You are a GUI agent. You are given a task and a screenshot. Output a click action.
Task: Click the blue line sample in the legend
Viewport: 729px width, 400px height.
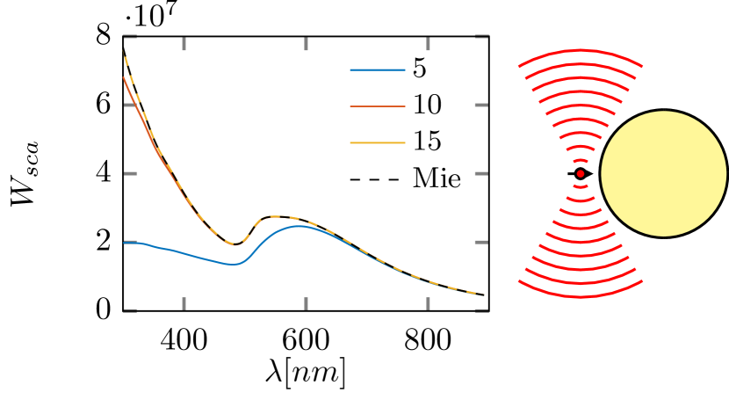point(378,69)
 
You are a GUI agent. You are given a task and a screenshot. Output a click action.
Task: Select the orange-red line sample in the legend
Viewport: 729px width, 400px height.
point(378,106)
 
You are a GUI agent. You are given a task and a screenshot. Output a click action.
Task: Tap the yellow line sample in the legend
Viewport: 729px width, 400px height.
point(378,142)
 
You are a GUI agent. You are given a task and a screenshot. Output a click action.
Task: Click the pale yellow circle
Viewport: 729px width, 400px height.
point(663,173)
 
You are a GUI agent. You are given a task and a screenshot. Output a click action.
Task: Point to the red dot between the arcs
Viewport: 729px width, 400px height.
point(581,173)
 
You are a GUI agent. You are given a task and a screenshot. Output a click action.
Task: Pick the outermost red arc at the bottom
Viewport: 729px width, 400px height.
point(581,296)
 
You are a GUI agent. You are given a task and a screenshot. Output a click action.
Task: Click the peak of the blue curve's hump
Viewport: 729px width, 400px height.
point(300,226)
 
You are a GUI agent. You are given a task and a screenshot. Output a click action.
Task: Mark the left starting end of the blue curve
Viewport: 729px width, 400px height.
point(125,243)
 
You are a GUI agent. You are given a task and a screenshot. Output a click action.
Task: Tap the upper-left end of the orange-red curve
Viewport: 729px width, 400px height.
point(125,78)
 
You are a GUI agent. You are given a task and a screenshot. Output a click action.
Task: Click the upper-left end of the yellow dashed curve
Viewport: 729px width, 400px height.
point(124,53)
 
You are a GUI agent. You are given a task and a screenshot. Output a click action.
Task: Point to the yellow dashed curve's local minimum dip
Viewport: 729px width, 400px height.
point(235,244)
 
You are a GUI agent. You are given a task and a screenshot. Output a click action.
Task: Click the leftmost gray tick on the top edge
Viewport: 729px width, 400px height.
point(184,44)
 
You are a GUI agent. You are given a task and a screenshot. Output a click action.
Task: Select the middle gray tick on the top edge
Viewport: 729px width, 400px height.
point(306,44)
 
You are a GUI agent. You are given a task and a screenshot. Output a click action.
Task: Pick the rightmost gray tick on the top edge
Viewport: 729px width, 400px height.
point(428,44)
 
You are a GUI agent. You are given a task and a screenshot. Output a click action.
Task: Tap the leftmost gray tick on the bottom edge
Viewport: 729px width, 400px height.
point(184,303)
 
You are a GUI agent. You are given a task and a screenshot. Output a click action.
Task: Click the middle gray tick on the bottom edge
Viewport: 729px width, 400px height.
point(306,303)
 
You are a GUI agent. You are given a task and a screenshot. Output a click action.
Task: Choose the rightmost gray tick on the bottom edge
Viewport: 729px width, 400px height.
point(428,303)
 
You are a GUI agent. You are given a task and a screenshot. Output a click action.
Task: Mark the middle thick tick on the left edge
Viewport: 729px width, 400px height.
point(130,173)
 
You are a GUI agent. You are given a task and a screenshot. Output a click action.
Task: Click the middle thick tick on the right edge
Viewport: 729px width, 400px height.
point(481,173)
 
